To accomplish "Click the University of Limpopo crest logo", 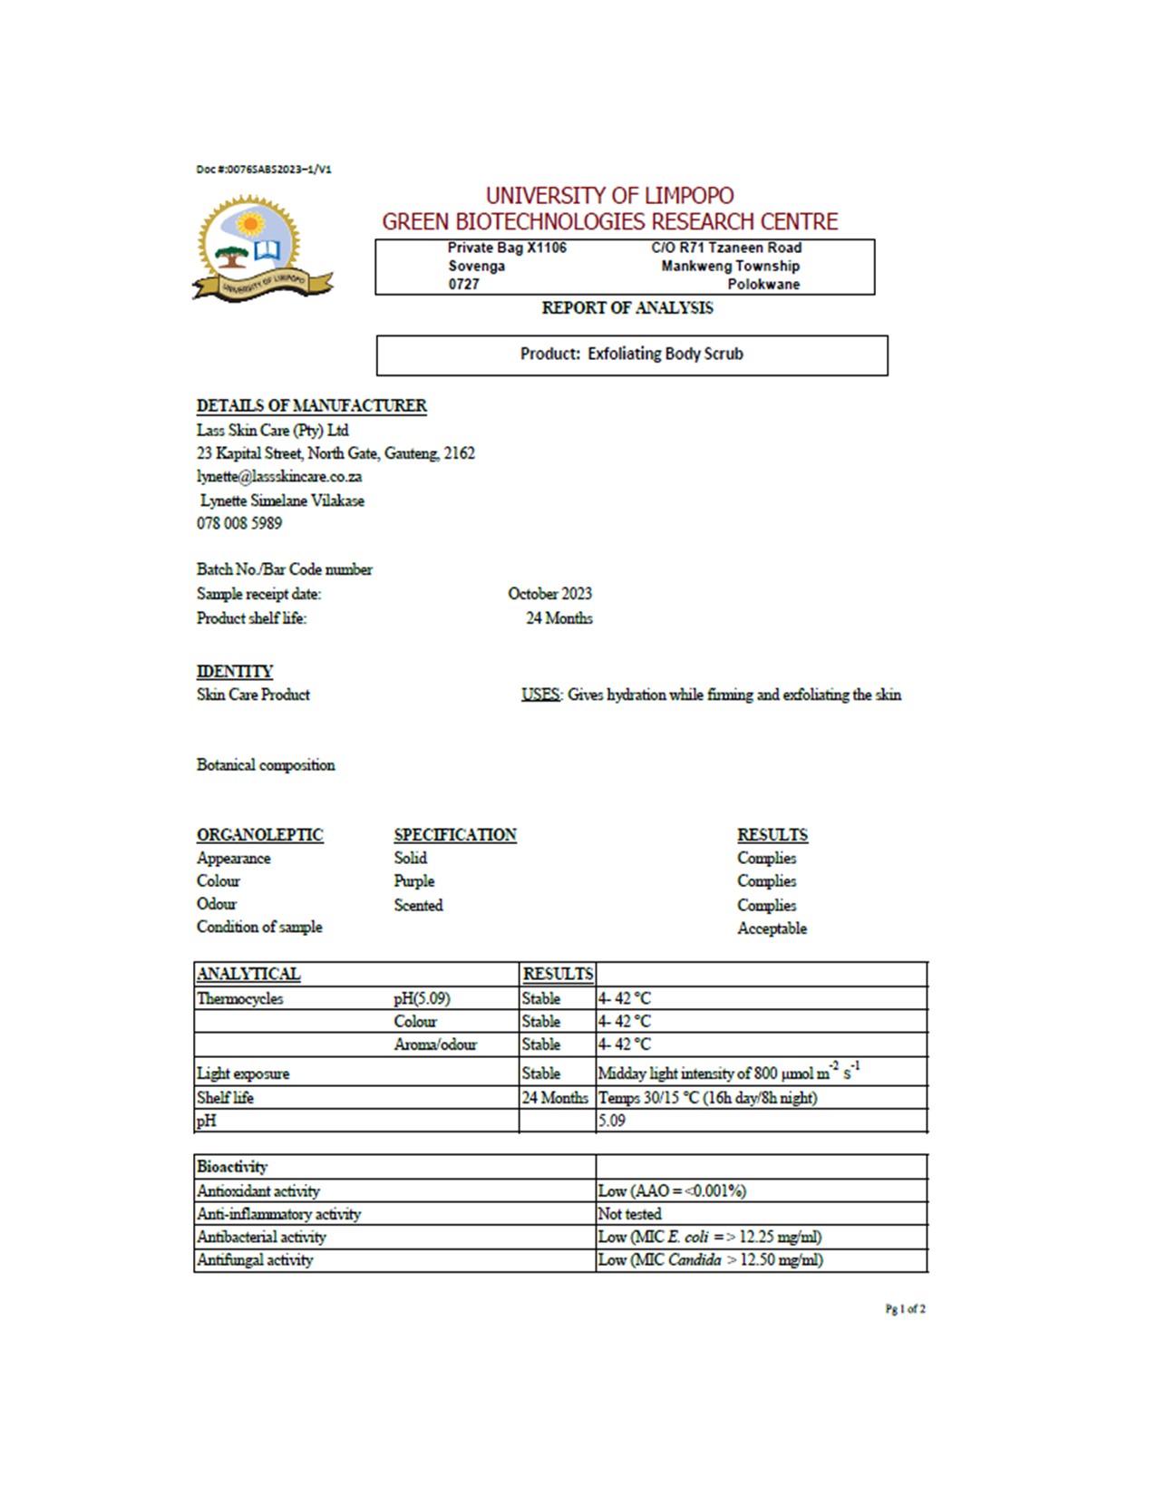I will coord(258,248).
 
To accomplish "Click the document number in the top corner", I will coord(264,170).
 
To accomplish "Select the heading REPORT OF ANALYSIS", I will coord(627,308).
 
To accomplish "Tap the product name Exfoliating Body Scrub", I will coord(665,354).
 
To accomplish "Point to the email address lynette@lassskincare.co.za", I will coord(279,477).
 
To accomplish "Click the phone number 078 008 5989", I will coord(239,523).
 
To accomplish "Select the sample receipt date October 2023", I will coord(549,594).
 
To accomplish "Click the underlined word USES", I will coord(540,695).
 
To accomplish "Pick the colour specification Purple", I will coord(414,881).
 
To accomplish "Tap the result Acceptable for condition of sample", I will coord(772,928).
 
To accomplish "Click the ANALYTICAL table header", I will coord(248,975).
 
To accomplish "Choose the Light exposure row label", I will coord(243,1073).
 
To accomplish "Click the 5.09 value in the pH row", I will coord(612,1122).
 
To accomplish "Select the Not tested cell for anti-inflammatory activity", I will coord(630,1214).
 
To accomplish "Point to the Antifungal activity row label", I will coord(255,1260).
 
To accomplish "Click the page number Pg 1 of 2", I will coord(905,1309).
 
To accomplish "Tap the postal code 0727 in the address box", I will coord(464,285).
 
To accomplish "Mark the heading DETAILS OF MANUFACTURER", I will coord(312,406).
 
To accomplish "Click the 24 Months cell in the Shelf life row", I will coord(555,1098).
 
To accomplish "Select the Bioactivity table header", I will coord(232,1167).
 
